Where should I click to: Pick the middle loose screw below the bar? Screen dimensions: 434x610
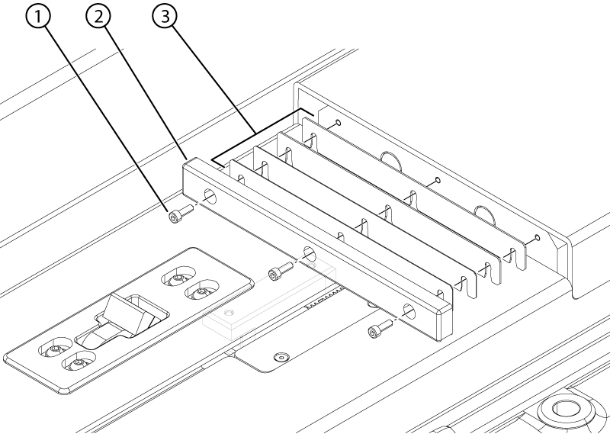278,271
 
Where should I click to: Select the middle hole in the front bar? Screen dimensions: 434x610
309,253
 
